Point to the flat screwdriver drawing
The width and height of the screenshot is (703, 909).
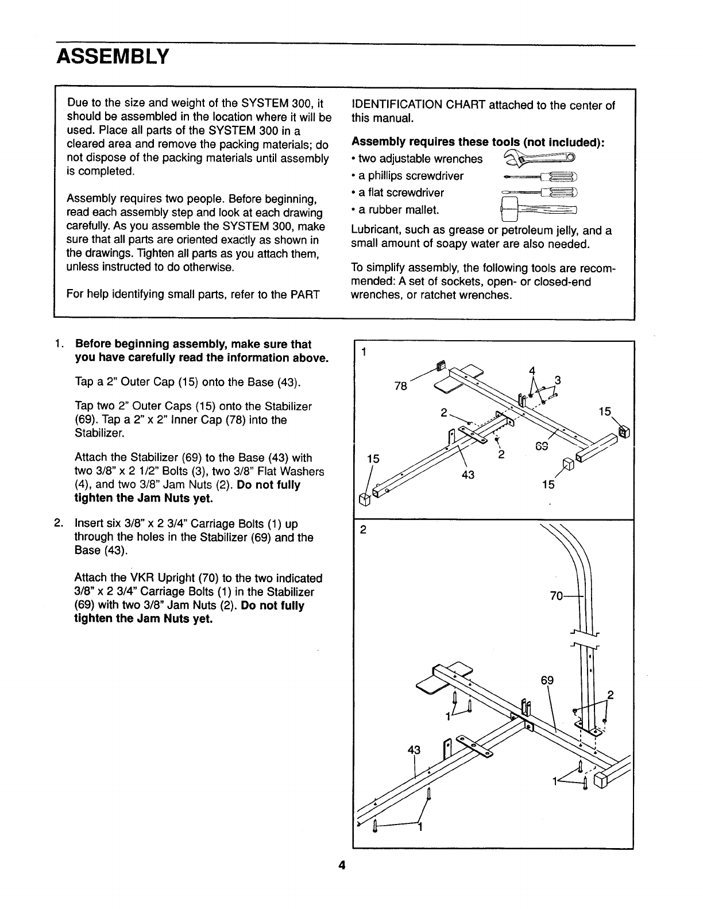[539, 192]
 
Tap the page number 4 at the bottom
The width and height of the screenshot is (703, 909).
[341, 866]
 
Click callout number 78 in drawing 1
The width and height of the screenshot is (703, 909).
[401, 386]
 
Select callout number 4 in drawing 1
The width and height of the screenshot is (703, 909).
[532, 370]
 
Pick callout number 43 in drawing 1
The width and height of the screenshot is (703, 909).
[468, 474]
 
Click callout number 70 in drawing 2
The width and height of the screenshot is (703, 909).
[557, 596]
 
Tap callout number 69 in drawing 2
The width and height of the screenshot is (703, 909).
[547, 681]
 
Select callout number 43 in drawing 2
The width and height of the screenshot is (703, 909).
[414, 750]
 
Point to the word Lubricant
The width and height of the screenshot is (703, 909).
[375, 231]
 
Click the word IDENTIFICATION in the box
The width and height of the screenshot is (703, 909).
[395, 105]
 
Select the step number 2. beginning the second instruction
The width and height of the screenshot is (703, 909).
[59, 523]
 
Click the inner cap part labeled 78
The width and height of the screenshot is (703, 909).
[441, 366]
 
